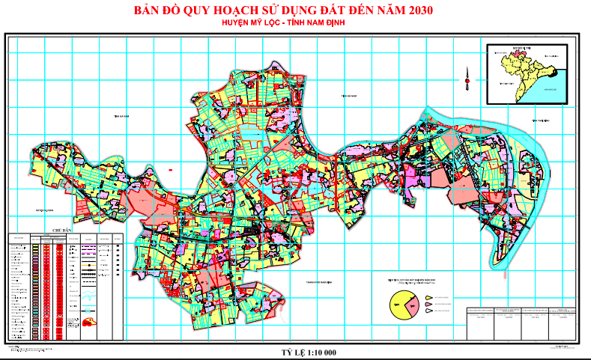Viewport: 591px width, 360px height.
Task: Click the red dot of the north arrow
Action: point(466,80)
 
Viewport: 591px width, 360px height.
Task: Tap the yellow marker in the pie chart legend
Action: point(429,297)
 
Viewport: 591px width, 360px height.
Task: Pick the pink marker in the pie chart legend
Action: point(429,303)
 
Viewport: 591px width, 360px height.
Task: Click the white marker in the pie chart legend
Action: point(429,310)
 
